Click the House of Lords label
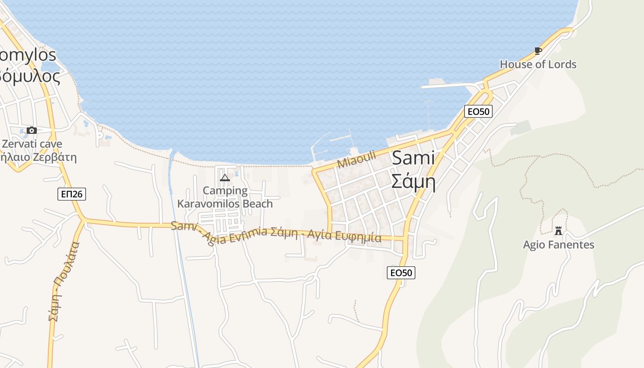pos(538,64)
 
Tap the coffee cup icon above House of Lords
pos(538,51)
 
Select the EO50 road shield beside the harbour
pos(478,111)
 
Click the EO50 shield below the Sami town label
pos(401,273)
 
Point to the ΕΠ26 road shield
pos(72,194)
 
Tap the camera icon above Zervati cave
pos(32,131)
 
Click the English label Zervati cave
pos(32,144)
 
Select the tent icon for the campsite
pos(224,178)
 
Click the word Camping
pos(225,190)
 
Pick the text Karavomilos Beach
pos(225,203)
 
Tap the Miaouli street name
pos(356,159)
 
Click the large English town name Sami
pos(413,158)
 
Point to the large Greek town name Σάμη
pos(413,182)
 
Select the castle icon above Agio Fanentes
pos(558,230)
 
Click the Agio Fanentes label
pos(558,245)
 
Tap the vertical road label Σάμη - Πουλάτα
pos(64,281)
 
